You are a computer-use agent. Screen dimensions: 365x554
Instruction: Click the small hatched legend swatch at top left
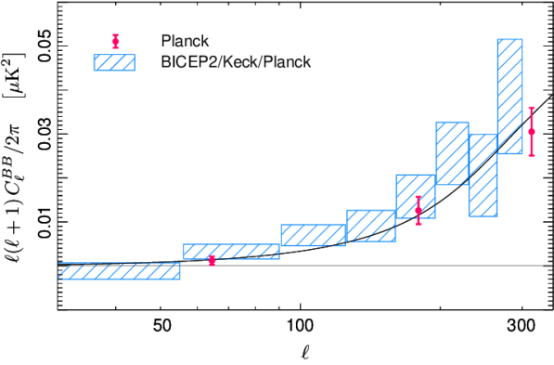pyautogui.click(x=114, y=62)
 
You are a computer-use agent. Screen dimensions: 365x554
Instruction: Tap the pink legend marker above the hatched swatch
pyautogui.click(x=116, y=41)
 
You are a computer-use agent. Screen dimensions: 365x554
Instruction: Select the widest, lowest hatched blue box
pyautogui.click(x=119, y=271)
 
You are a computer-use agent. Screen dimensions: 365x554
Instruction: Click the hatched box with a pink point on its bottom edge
pyautogui.click(x=231, y=252)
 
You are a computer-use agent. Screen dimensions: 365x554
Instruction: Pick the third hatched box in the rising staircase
pyautogui.click(x=313, y=235)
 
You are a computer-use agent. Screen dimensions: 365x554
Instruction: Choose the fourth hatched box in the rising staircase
pyautogui.click(x=371, y=226)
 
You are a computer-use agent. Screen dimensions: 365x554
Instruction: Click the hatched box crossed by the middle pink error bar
pyautogui.click(x=415, y=196)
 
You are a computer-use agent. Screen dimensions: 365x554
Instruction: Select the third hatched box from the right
pyautogui.click(x=452, y=153)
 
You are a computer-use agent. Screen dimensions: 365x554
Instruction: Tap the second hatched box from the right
pyautogui.click(x=483, y=176)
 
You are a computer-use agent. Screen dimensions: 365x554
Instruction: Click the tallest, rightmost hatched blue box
pyautogui.click(x=509, y=97)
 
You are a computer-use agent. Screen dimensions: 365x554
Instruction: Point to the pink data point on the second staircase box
pyautogui.click(x=212, y=261)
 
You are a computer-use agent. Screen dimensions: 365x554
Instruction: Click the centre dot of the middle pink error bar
pyautogui.click(x=419, y=209)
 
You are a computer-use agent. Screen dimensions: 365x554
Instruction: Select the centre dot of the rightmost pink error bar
pyautogui.click(x=532, y=132)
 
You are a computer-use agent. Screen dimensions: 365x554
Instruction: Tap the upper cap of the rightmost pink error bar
pyautogui.click(x=532, y=108)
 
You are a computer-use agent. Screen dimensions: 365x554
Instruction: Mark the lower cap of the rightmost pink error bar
pyautogui.click(x=532, y=155)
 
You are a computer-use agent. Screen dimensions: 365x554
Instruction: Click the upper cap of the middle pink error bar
pyautogui.click(x=419, y=196)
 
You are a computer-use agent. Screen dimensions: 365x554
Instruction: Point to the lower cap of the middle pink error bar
pyautogui.click(x=419, y=224)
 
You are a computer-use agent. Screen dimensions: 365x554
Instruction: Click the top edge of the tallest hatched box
pyautogui.click(x=509, y=40)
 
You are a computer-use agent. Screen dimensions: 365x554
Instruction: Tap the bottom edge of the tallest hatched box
pyautogui.click(x=509, y=153)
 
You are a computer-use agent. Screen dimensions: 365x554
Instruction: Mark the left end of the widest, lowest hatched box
pyautogui.click(x=59, y=271)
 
